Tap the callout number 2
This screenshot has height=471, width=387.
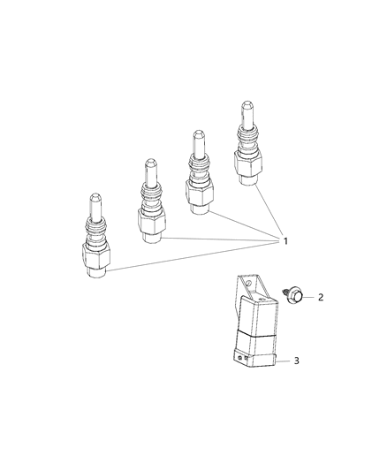click(322, 297)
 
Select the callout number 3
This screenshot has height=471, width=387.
click(322, 361)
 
